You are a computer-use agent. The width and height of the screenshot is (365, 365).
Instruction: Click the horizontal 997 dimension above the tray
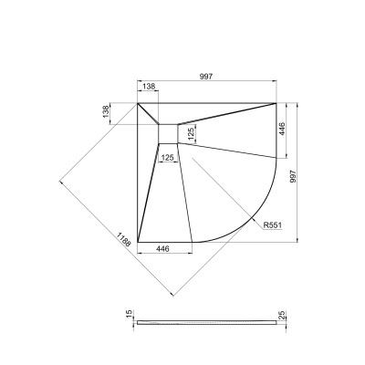click(206, 77)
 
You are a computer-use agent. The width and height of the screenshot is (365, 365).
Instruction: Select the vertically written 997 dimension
click(293, 176)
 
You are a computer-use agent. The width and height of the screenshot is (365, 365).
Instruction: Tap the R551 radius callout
click(273, 225)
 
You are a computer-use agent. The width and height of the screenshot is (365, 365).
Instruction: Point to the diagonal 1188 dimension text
click(123, 239)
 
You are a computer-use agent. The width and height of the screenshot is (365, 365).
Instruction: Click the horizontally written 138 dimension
click(149, 87)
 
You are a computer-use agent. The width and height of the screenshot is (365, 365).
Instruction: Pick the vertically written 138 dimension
click(106, 111)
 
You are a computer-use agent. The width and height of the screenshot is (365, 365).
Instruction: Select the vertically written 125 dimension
click(191, 134)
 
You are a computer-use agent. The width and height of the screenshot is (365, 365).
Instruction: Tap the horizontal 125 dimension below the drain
click(167, 158)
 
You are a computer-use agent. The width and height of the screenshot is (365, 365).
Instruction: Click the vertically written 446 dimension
click(282, 129)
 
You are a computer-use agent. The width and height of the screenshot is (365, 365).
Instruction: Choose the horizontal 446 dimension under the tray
click(162, 249)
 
